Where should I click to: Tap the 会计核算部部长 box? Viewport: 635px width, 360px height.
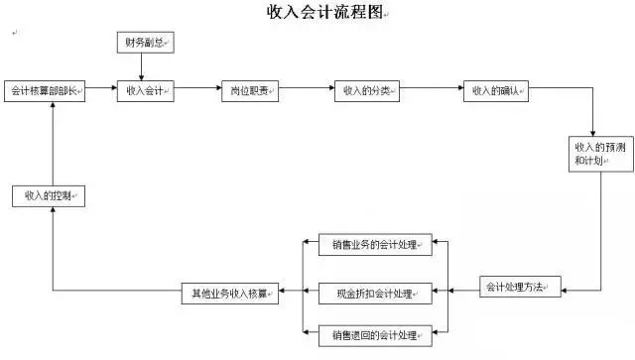click(46, 91)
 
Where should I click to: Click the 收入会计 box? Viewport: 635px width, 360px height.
click(145, 91)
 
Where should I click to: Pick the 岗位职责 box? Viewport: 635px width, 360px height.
click(249, 91)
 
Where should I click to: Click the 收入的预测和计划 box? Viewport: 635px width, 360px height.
click(592, 153)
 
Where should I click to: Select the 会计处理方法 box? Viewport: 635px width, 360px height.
click(522, 289)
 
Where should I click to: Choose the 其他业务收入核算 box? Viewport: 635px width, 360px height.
click(229, 293)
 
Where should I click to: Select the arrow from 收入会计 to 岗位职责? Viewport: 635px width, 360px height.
click(196, 91)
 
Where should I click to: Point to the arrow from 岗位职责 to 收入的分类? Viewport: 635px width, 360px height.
click(307, 91)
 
